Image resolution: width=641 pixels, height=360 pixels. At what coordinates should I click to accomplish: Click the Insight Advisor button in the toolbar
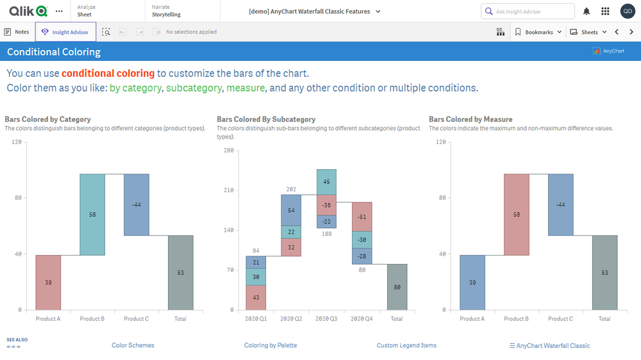(66, 32)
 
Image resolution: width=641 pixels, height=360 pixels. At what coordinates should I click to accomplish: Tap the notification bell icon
(587, 12)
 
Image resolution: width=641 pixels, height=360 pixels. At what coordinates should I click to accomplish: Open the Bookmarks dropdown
(538, 32)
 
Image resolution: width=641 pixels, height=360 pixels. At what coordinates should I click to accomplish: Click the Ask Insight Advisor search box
(528, 12)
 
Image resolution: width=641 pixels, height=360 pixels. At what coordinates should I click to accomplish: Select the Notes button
(17, 32)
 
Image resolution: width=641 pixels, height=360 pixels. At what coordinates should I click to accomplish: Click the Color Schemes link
(133, 345)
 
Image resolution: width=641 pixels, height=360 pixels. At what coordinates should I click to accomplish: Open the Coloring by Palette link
(271, 345)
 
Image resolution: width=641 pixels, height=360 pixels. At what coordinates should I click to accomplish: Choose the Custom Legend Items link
(406, 345)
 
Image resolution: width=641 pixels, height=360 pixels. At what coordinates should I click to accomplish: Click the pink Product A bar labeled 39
(48, 282)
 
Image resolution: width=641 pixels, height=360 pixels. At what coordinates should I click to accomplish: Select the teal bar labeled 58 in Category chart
(92, 215)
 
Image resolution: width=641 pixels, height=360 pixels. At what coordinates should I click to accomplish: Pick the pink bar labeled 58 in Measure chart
(517, 215)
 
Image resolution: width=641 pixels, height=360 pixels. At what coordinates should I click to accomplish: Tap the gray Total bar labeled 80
(397, 287)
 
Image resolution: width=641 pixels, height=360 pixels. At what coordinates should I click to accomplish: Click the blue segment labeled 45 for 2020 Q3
(326, 182)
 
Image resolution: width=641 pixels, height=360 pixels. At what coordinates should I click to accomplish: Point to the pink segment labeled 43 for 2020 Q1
(256, 298)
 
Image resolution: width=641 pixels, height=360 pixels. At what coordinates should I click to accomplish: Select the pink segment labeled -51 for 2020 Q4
(362, 217)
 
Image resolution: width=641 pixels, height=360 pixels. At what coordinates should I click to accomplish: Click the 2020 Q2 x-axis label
(291, 318)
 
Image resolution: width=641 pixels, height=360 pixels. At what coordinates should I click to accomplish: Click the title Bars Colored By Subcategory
(266, 119)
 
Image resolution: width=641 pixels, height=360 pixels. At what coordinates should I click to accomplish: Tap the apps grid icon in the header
(605, 12)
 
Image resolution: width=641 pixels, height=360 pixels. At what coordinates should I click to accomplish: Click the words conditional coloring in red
(108, 74)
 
